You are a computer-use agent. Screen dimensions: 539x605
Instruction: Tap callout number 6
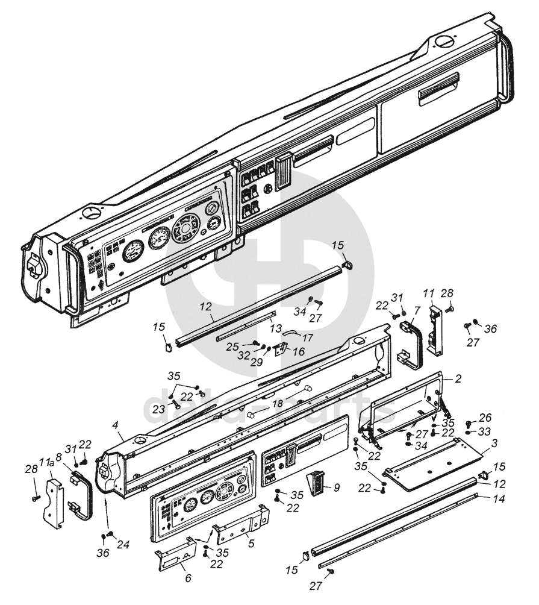188,578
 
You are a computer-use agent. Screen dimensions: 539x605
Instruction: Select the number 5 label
251,544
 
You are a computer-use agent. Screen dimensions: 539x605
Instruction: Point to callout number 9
337,487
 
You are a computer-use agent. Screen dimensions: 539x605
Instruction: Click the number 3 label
494,443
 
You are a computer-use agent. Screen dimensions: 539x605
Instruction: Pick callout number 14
499,499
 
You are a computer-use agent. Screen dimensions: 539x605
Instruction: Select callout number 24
123,544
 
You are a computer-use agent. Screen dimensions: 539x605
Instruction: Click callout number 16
299,351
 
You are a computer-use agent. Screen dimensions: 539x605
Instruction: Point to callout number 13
276,328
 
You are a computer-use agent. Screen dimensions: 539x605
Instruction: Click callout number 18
278,404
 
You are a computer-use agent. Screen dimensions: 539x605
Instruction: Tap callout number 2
458,379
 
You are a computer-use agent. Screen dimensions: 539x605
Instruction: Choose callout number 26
486,418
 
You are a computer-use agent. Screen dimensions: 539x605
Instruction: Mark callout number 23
158,409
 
